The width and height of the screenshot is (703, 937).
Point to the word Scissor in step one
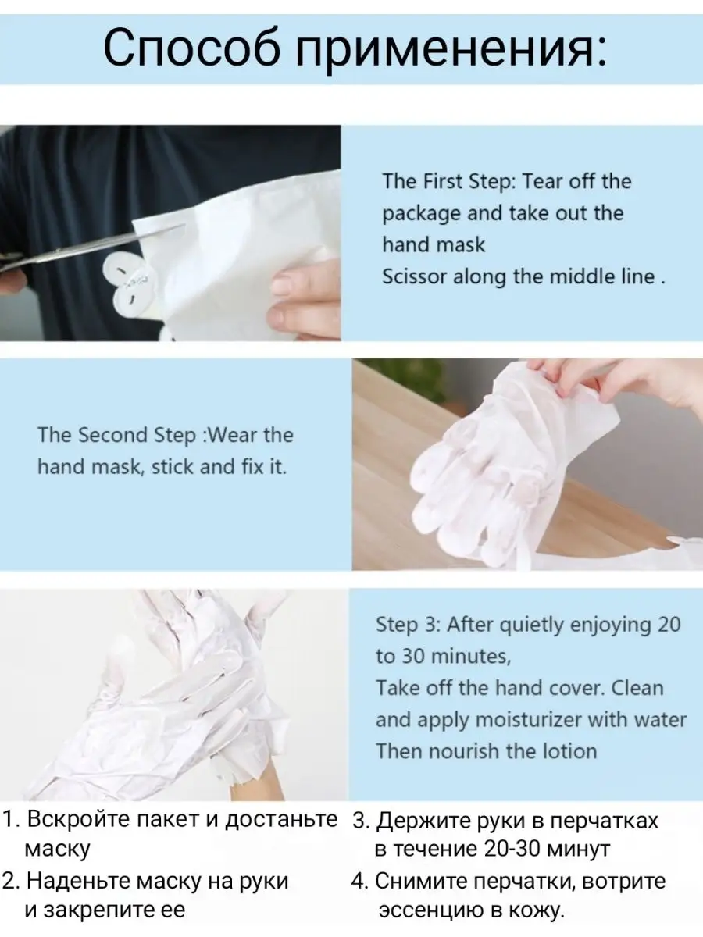415,276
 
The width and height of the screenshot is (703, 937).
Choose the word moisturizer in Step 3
529,719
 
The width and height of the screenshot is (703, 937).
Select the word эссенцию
430,911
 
